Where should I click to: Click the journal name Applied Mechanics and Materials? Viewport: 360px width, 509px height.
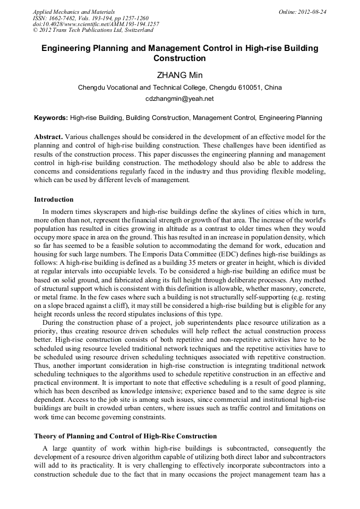click(x=74, y=12)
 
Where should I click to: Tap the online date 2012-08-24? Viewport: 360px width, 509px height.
click(x=313, y=12)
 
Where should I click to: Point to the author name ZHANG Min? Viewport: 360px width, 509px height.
click(x=179, y=75)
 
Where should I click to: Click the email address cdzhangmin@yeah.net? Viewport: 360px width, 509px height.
click(x=179, y=99)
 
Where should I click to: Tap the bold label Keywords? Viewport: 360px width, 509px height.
click(x=51, y=118)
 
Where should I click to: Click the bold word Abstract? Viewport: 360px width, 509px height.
click(x=48, y=137)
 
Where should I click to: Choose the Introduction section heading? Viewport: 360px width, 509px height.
click(x=54, y=200)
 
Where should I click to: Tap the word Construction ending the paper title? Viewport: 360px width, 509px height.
click(x=179, y=58)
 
